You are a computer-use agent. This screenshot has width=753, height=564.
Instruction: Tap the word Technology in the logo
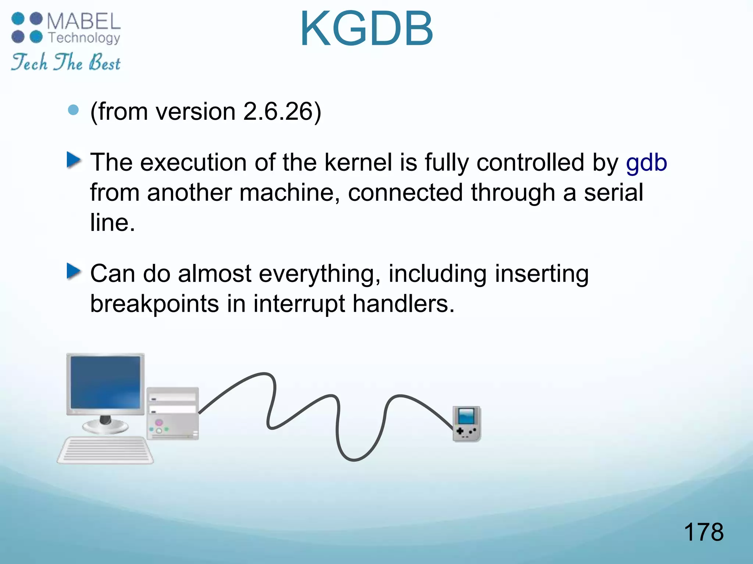pyautogui.click(x=84, y=38)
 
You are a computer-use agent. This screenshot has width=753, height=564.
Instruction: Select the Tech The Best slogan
pyautogui.click(x=65, y=62)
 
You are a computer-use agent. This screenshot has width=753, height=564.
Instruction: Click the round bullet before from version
pyautogui.click(x=74, y=110)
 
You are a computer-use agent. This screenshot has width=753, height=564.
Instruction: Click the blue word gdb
pyautogui.click(x=646, y=163)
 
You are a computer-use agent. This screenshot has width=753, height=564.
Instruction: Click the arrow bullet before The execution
pyautogui.click(x=74, y=160)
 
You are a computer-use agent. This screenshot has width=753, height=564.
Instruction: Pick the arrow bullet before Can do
pyautogui.click(x=74, y=271)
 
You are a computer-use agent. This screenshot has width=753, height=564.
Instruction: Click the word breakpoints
pyautogui.click(x=154, y=304)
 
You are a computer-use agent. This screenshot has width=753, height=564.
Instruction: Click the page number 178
pyautogui.click(x=703, y=532)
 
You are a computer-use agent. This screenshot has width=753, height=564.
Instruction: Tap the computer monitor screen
pyautogui.click(x=106, y=383)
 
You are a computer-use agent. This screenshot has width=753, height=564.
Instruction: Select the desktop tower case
pyautogui.click(x=173, y=413)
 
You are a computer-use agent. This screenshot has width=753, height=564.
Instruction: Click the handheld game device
pyautogui.click(x=467, y=424)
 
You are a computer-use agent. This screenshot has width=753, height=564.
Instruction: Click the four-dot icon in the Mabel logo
pyautogui.click(x=27, y=28)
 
